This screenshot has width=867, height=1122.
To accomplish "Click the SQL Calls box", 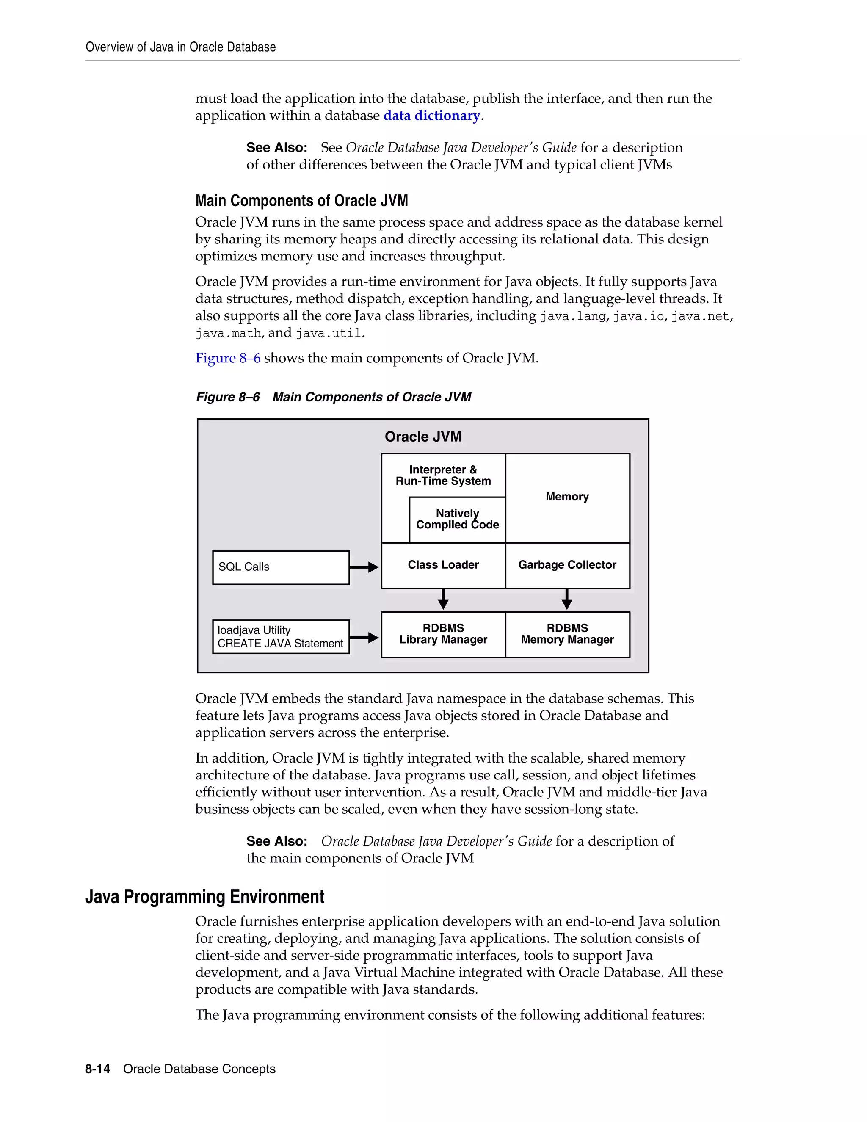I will (280, 567).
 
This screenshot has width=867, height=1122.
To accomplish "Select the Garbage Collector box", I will (567, 565).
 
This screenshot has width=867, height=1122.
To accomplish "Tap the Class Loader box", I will (443, 565).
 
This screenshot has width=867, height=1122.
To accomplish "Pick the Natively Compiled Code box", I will (457, 520).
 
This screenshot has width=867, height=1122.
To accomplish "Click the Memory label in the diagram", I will (567, 497).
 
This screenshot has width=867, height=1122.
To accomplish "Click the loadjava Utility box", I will (280, 636).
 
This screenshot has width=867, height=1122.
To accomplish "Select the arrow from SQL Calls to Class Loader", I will (364, 567).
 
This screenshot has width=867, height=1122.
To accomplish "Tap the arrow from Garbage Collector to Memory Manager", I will (567, 599).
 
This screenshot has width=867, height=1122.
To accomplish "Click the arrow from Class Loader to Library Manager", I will (443, 599).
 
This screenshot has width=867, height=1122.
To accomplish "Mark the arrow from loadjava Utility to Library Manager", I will (364, 638).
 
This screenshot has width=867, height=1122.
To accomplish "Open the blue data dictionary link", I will (431, 116).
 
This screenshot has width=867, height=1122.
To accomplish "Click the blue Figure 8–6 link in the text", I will (227, 358).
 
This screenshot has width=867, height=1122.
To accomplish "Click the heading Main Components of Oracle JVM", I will (301, 200).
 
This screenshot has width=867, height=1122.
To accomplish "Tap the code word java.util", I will (329, 333).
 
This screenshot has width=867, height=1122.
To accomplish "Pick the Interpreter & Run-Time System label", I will (443, 475).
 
